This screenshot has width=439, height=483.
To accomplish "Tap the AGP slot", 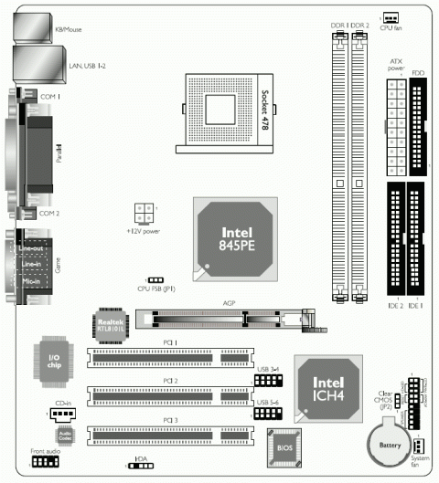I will tap(224, 319).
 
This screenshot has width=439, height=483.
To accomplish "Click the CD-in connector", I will tap(62, 414).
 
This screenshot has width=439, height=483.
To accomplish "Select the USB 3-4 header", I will tap(268, 381).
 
